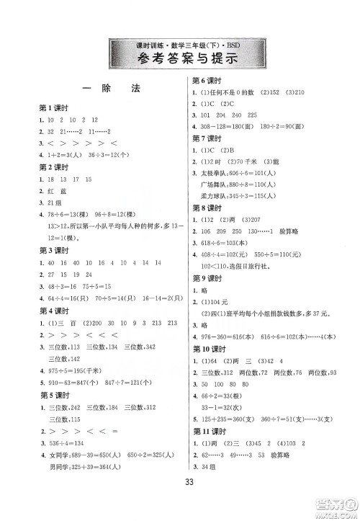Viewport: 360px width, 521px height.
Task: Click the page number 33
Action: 180,500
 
